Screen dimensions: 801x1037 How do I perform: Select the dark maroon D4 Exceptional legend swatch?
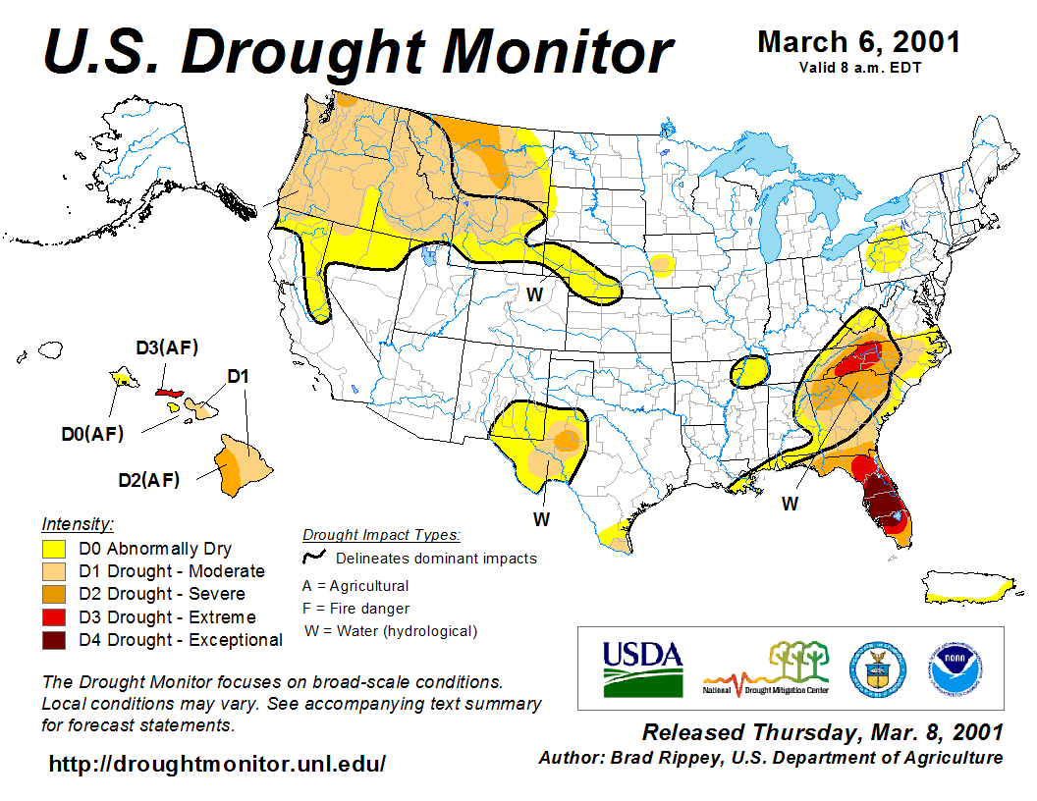(53, 640)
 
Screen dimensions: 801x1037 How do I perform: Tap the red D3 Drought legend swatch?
(53, 617)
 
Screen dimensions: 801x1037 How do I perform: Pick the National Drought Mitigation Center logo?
(766, 667)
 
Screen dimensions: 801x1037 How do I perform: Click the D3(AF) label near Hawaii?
(166, 347)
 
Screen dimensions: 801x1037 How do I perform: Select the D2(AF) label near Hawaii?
(148, 480)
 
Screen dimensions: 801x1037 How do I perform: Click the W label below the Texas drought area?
(541, 518)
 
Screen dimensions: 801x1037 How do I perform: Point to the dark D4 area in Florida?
(885, 506)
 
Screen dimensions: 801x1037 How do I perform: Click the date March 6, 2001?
(858, 42)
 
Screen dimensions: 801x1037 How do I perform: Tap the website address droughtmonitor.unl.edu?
(217, 763)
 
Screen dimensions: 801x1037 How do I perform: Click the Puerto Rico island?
(967, 588)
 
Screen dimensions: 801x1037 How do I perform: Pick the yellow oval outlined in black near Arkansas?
(751, 371)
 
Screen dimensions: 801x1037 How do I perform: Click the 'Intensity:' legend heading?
(78, 524)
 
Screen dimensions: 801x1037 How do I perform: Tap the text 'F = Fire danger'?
(355, 609)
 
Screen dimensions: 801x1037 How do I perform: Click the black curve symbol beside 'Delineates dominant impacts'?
(314, 558)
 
